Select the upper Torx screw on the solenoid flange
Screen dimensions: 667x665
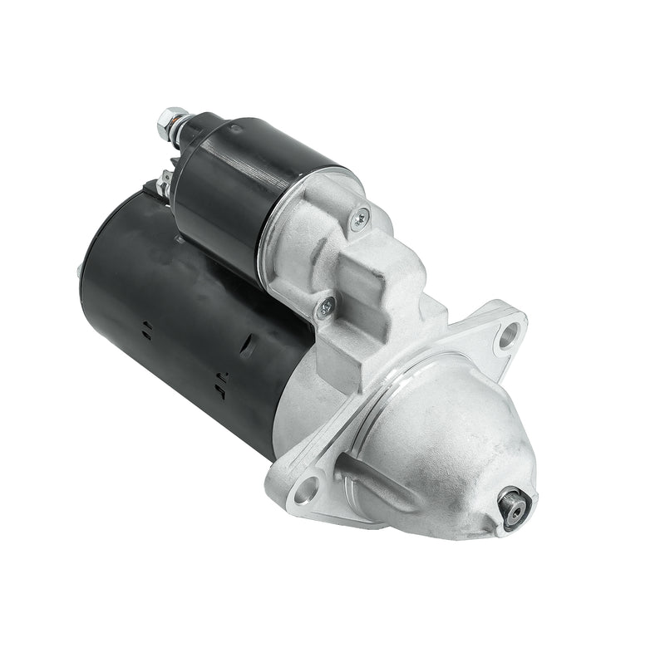pos(359,218)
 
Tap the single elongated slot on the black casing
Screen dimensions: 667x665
pos(248,346)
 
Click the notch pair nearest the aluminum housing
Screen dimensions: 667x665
pos(221,382)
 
